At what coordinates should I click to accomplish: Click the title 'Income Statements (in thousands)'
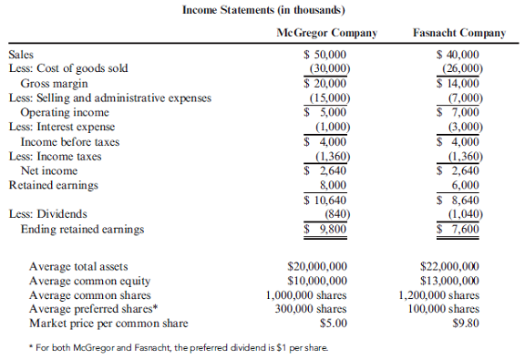(x=262, y=10)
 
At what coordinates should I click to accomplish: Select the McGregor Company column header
(x=326, y=33)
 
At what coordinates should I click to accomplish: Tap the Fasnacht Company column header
(x=458, y=33)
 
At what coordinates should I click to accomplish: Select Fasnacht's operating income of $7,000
(x=463, y=112)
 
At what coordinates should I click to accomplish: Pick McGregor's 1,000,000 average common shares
(x=304, y=295)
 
